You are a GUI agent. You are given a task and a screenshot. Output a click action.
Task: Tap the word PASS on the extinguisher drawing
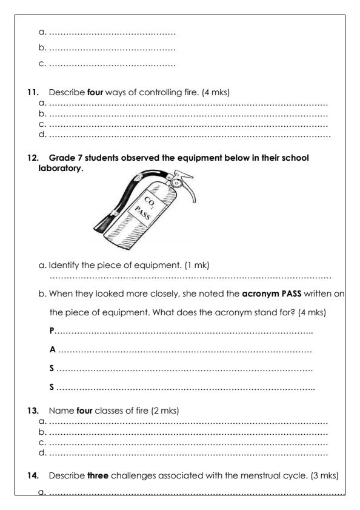144,212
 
